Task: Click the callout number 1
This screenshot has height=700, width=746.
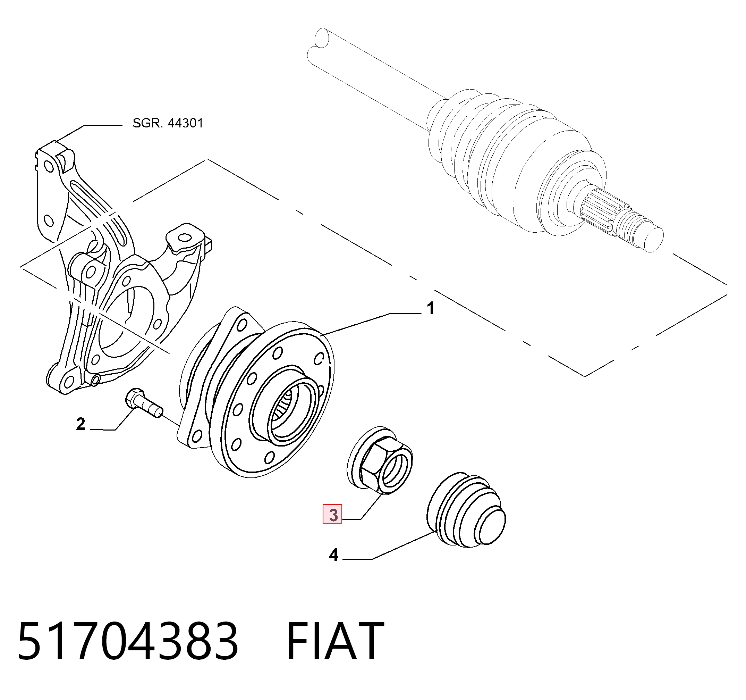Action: pos(431,308)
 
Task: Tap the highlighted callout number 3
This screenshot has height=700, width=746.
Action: pos(333,515)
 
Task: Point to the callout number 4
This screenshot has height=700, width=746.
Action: pos(333,555)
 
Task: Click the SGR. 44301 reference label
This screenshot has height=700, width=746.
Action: pos(168,123)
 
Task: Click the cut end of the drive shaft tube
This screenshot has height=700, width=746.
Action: pos(322,38)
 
